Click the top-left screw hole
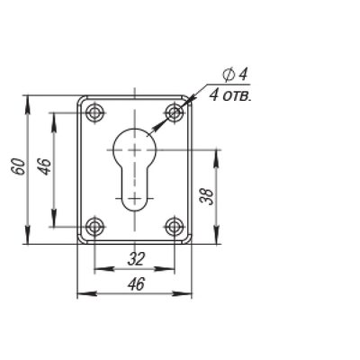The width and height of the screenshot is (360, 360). coord(95,113)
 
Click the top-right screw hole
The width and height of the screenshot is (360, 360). coord(175,113)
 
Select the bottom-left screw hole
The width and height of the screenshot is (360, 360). coord(95,227)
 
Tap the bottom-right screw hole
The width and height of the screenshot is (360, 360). coord(175,227)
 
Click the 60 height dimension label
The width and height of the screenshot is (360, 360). coord(19,166)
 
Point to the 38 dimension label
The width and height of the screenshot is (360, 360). coord(207,197)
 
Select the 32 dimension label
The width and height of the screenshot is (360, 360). coord(136,259)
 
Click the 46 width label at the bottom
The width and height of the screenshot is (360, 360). coord(136,283)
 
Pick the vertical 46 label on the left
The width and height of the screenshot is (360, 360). coord(45,166)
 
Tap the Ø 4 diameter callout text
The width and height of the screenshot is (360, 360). coord(235,75)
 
